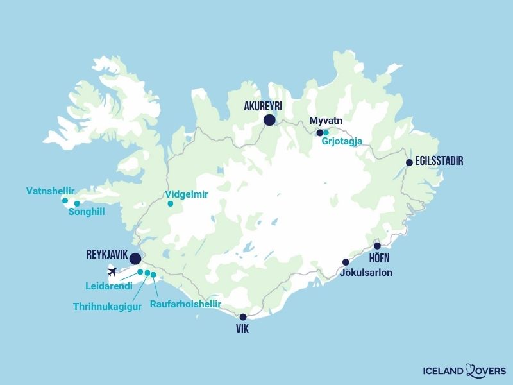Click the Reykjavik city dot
point(135,259)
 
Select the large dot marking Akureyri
point(269,119)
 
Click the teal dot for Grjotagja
point(326,133)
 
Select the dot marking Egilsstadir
point(409,163)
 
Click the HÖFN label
point(380,259)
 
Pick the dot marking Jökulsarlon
point(346,262)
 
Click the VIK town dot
point(243,317)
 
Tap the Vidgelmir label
point(187,194)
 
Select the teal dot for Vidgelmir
point(170,204)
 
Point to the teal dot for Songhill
point(77,204)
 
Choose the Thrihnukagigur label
point(106,306)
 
